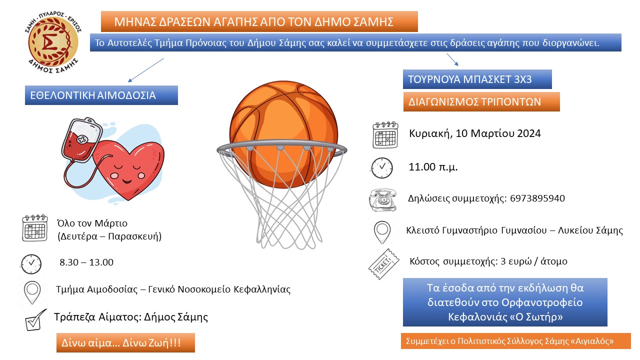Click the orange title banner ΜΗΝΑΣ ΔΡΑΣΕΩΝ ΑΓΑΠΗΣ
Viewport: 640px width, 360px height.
(259, 21)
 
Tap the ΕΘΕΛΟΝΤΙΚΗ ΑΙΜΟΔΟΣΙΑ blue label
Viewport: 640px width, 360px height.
(101, 95)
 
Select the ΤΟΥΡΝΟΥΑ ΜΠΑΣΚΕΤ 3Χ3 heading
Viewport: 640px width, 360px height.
(477, 79)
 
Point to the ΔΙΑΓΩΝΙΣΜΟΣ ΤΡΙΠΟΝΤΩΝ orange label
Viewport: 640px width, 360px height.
(481, 101)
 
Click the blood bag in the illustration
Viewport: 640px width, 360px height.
(81, 140)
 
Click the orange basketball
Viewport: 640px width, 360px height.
(283, 134)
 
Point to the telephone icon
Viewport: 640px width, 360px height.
(383, 199)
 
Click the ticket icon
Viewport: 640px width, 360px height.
(383, 264)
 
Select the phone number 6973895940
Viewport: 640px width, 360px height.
(537, 198)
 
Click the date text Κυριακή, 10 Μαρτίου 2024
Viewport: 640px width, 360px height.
(475, 133)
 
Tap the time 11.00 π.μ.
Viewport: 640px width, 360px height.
(433, 167)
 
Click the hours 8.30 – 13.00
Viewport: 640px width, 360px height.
(86, 262)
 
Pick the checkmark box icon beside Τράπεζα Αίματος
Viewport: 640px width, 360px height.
(35, 320)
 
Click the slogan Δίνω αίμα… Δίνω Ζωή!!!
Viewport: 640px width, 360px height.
(121, 342)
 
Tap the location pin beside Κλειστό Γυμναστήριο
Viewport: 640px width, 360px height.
(382, 232)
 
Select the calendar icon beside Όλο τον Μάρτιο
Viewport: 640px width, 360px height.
(35, 228)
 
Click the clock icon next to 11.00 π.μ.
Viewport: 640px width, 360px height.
(382, 168)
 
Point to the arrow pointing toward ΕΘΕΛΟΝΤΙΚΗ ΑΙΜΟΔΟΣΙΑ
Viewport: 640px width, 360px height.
(145, 70)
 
